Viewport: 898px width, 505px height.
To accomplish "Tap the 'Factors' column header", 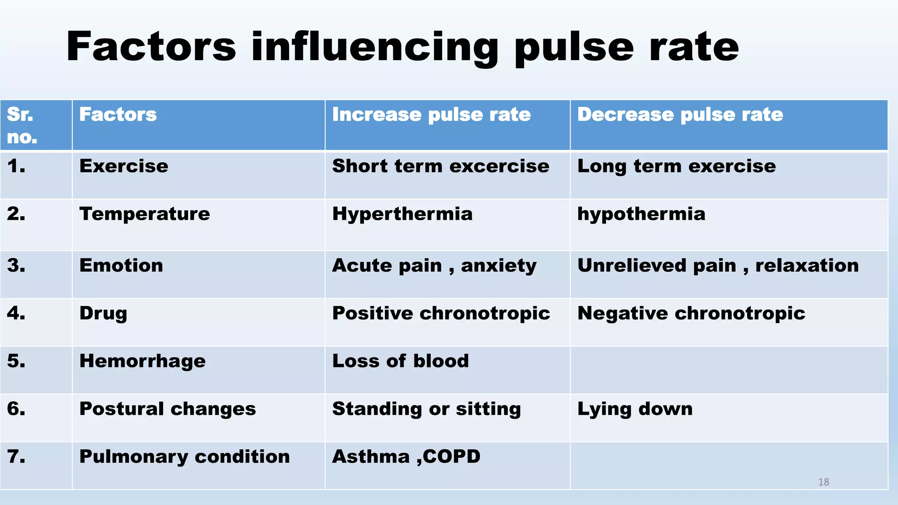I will (x=118, y=115).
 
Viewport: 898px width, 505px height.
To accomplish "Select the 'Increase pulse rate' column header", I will (x=431, y=115).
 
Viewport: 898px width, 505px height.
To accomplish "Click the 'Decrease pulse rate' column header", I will (x=680, y=115).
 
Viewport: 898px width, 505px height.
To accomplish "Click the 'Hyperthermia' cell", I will (x=402, y=214).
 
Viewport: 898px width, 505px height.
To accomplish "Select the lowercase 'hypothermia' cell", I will (x=641, y=214).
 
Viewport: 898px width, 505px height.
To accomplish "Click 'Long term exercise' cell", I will (x=676, y=167).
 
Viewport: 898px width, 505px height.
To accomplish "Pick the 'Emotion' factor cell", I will (x=121, y=266).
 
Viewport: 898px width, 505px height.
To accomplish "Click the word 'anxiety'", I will (x=499, y=266).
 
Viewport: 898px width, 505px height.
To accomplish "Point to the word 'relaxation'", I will (x=807, y=266).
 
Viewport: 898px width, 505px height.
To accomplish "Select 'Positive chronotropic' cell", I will (x=441, y=314).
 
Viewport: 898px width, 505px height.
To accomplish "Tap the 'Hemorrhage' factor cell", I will (x=142, y=362).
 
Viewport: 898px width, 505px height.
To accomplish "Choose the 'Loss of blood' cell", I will (x=400, y=362).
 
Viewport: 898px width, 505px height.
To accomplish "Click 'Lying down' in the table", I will (x=634, y=409).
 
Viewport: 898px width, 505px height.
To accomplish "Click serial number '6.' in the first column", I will (x=16, y=409).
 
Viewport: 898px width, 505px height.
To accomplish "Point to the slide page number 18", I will (x=823, y=482).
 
